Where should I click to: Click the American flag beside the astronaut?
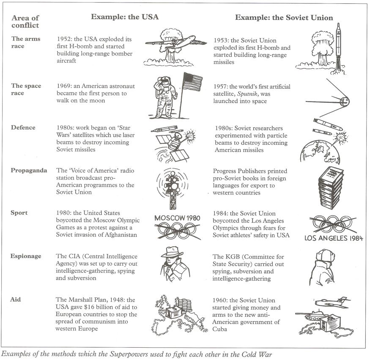pos(193,82)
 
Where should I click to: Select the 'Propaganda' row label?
pos(29,170)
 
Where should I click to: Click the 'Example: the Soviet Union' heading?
pos(284,18)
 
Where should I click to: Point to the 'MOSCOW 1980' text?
pos(177,218)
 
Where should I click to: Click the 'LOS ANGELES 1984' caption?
pos(334,238)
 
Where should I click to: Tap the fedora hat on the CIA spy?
pos(172,252)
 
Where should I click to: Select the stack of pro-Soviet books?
pos(331,188)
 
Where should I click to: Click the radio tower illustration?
pos(172,188)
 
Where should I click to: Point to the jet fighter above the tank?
pos(333,302)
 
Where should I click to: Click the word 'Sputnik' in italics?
pos(247,94)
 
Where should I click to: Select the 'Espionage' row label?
pos(26,256)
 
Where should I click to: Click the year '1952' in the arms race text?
pos(63,39)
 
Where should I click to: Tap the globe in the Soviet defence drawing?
pos(320,152)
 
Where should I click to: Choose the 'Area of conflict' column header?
pos(25,22)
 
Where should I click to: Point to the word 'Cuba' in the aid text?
pos(220,329)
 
